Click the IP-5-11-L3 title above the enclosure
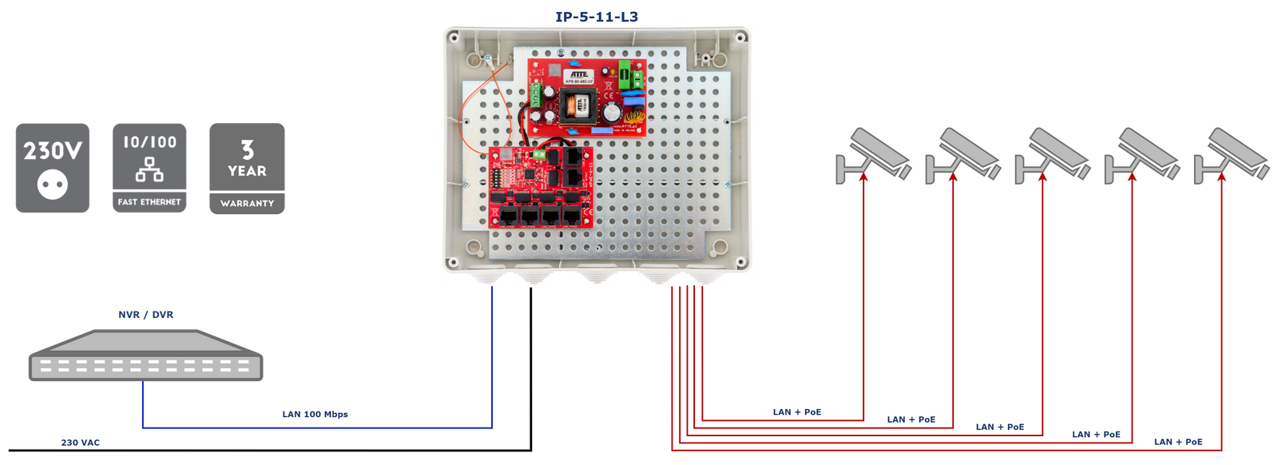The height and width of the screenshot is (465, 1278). (x=597, y=16)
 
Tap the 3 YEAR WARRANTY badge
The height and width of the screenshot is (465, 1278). (x=248, y=169)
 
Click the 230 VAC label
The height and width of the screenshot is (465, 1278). (x=81, y=442)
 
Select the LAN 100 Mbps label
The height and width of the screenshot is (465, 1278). (x=315, y=414)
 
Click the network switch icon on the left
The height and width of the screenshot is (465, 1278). (x=145, y=355)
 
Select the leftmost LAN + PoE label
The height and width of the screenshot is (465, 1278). (x=797, y=411)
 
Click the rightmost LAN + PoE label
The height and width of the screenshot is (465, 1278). (x=1178, y=441)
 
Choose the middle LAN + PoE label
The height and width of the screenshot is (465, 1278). (x=999, y=427)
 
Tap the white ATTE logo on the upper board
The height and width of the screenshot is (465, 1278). (x=579, y=74)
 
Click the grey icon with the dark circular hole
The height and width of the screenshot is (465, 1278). (x=53, y=169)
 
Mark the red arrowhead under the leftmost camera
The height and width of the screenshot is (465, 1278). (x=863, y=178)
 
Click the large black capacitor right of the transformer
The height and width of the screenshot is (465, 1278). (x=611, y=112)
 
